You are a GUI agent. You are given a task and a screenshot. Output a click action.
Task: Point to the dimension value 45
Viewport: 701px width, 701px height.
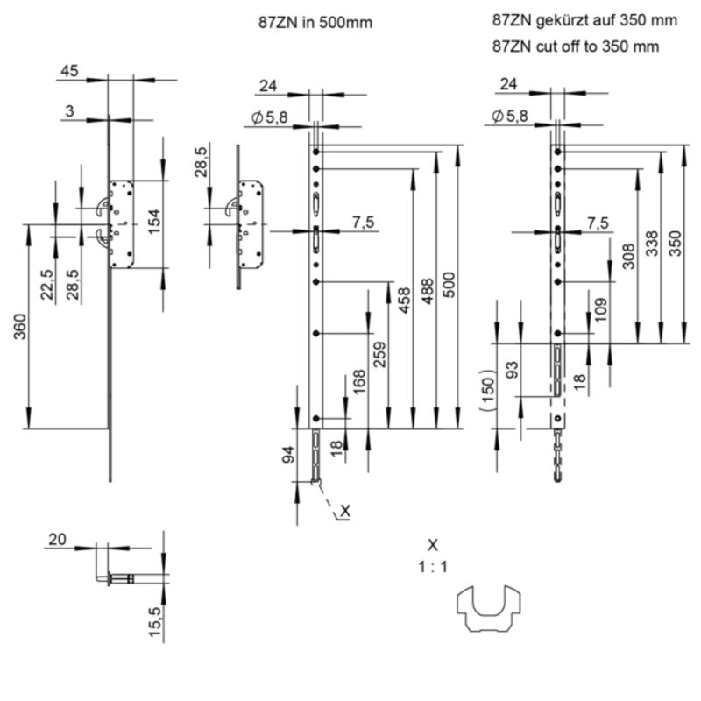point(71,71)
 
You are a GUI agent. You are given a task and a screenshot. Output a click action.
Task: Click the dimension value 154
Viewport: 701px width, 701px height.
point(153,223)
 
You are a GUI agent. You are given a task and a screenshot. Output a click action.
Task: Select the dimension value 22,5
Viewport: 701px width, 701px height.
point(46,286)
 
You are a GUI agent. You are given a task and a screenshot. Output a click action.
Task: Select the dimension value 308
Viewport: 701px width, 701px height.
point(627,255)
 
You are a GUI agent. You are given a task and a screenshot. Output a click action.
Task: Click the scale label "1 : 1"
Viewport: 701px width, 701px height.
point(433,567)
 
